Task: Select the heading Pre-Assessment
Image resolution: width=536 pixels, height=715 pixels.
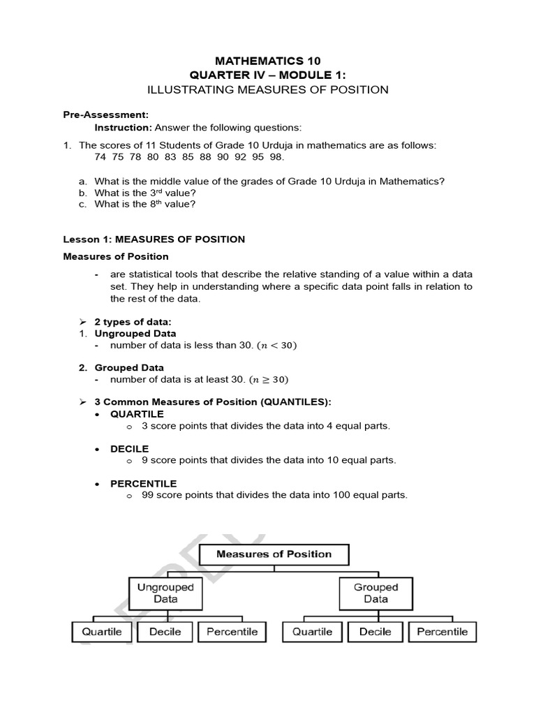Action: pyautogui.click(x=105, y=115)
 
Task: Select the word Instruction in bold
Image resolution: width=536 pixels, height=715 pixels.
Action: pyautogui.click(x=123, y=127)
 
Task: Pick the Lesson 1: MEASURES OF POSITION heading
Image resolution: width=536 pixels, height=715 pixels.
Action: pyautogui.click(x=154, y=239)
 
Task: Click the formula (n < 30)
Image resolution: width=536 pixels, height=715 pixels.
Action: pyautogui.click(x=270, y=346)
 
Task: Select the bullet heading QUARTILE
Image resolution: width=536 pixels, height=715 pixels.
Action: pyautogui.click(x=137, y=414)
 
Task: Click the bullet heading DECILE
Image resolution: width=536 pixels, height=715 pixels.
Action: pyautogui.click(x=129, y=448)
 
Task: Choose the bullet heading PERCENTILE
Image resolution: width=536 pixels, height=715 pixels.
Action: pyautogui.click(x=143, y=483)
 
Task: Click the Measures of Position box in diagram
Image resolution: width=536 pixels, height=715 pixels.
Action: pyautogui.click(x=274, y=554)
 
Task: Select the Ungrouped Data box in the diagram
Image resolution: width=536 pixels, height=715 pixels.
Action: pyautogui.click(x=165, y=593)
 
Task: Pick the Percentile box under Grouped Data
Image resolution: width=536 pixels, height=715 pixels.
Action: pyautogui.click(x=442, y=631)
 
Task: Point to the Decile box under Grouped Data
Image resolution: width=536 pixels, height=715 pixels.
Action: pyautogui.click(x=375, y=631)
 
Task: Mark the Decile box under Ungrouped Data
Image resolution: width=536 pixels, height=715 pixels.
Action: pyautogui.click(x=165, y=631)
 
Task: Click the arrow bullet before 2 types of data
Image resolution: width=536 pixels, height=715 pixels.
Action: pyautogui.click(x=82, y=321)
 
